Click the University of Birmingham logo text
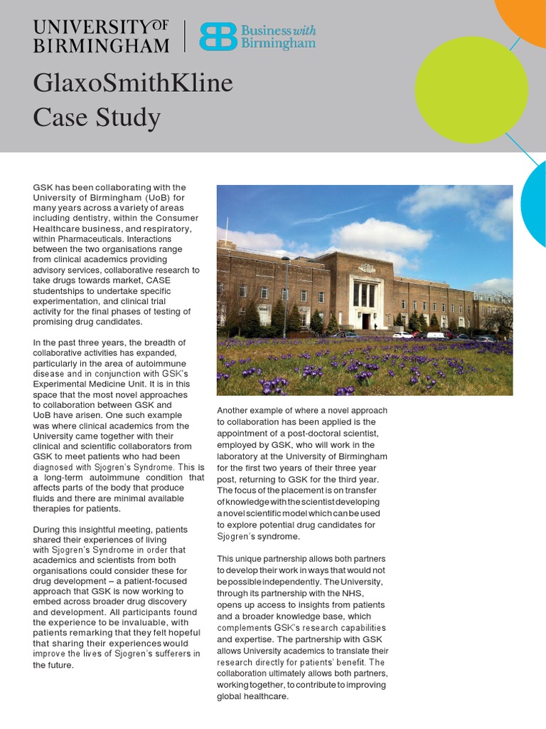pyautogui.click(x=101, y=36)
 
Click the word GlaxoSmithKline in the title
pyautogui.click(x=132, y=83)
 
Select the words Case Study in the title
pyautogui.click(x=97, y=117)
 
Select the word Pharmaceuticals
pyautogui.click(x=97, y=238)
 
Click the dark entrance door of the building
pyautogui.click(x=365, y=321)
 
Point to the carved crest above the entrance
pyautogui.click(x=367, y=269)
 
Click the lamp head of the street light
pyautogui.click(x=284, y=259)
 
